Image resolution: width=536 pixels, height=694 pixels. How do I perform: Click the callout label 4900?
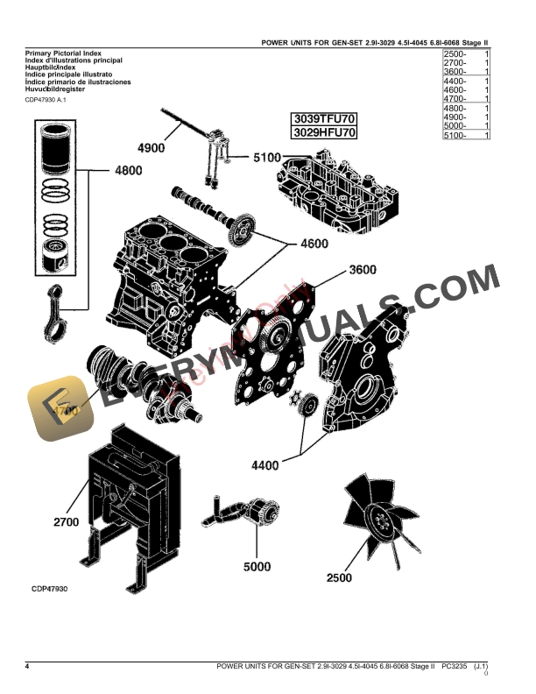pos(151,148)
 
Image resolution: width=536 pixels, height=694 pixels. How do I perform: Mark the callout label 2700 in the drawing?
pos(67,522)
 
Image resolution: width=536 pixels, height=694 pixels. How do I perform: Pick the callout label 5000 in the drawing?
pos(257,567)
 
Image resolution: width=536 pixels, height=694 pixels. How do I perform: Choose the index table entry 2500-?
pos(455,54)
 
